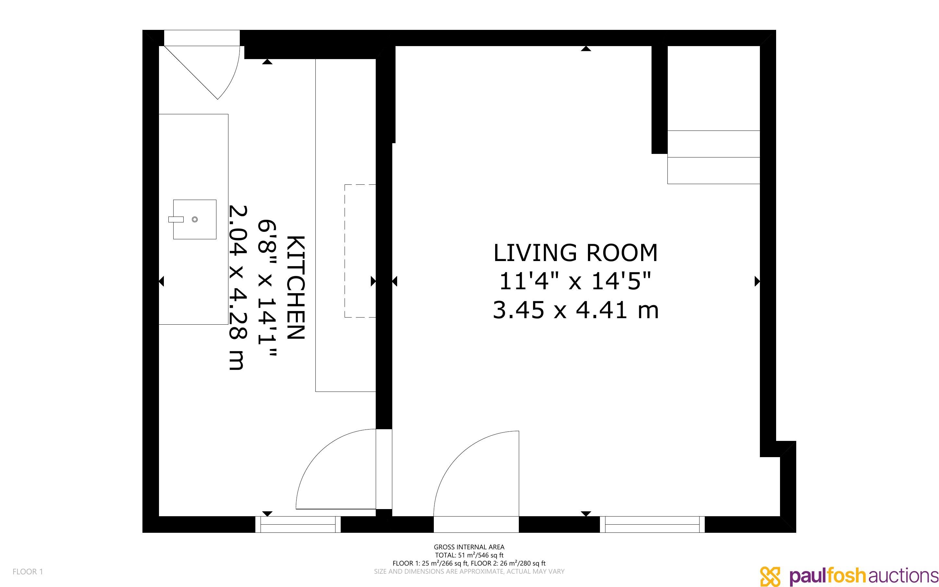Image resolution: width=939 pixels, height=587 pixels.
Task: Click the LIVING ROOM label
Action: click(x=576, y=253)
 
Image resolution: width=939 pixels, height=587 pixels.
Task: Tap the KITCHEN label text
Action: click(x=296, y=287)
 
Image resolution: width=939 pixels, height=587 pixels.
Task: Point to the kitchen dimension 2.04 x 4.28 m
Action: click(x=236, y=287)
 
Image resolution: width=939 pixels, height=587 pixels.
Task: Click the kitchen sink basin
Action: click(x=194, y=219)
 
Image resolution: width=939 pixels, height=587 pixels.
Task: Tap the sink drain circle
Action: click(x=195, y=219)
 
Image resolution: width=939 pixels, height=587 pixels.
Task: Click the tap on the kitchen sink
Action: click(x=176, y=219)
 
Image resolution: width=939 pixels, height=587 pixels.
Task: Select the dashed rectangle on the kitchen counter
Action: click(x=360, y=251)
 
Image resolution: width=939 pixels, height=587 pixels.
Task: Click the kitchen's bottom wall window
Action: click(x=298, y=524)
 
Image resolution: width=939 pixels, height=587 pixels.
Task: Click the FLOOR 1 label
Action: click(x=28, y=571)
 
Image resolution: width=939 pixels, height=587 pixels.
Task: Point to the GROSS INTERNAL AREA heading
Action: click(x=469, y=547)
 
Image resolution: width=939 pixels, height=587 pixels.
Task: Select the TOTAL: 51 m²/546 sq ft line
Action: click(x=469, y=555)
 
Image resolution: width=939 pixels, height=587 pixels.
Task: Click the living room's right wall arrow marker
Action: click(x=757, y=281)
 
